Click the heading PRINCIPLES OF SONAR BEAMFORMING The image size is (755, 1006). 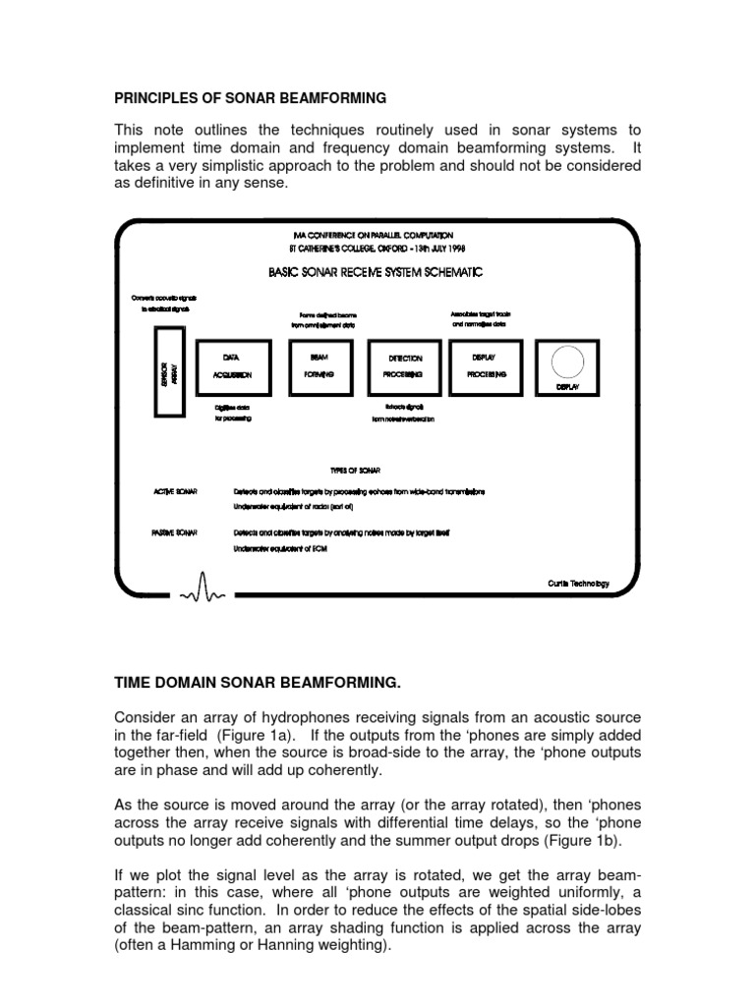(251, 98)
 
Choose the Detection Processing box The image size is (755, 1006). (404, 366)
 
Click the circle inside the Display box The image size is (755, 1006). (568, 363)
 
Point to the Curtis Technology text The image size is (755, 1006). (578, 583)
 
